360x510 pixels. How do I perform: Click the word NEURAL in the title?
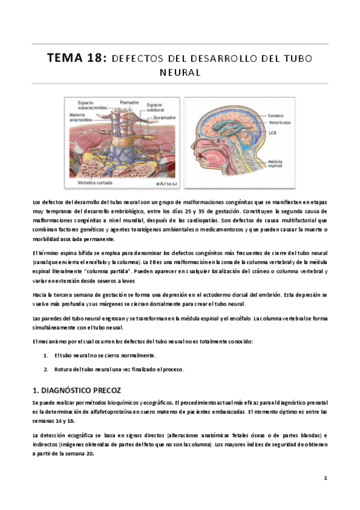(x=180, y=72)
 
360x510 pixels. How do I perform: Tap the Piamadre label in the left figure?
(x=129, y=102)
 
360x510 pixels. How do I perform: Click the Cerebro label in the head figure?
(x=276, y=114)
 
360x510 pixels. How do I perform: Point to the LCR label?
(x=273, y=132)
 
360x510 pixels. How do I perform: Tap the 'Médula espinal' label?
(x=278, y=164)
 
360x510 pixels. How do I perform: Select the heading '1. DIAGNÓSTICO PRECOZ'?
(x=77, y=390)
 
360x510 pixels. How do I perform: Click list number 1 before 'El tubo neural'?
(x=46, y=355)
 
